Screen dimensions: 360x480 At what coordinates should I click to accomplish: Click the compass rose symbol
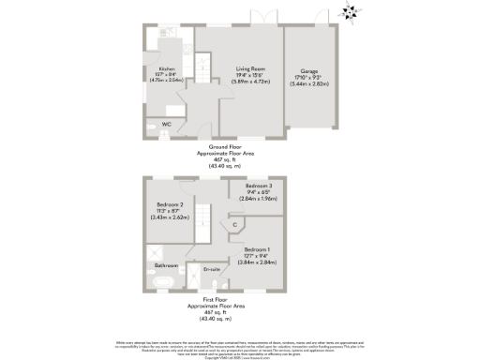coord(350,12)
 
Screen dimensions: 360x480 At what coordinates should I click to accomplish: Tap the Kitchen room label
coord(167,69)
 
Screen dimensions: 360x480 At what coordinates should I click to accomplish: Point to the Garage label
coord(308,69)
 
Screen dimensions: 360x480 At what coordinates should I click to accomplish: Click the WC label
coord(166,123)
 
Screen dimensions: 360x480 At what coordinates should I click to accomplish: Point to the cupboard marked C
coord(233,225)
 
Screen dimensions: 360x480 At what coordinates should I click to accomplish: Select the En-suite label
coord(215,269)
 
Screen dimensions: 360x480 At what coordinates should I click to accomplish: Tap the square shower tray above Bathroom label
coord(154,252)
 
